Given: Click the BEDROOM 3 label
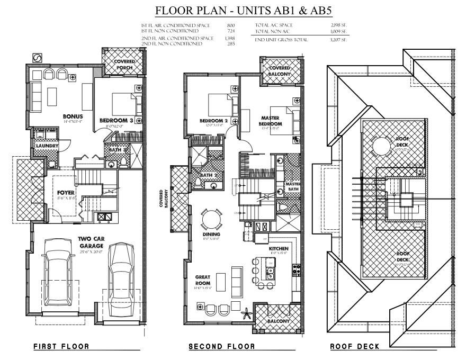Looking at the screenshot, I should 115,121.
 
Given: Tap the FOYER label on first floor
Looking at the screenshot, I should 66,192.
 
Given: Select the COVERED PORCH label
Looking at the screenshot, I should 124,65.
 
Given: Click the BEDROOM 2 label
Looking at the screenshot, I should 213,121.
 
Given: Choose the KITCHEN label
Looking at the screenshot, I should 278,248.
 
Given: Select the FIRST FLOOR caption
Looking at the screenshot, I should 61,347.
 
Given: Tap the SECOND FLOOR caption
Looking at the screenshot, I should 222,347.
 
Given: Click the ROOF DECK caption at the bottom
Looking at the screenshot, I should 354,347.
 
